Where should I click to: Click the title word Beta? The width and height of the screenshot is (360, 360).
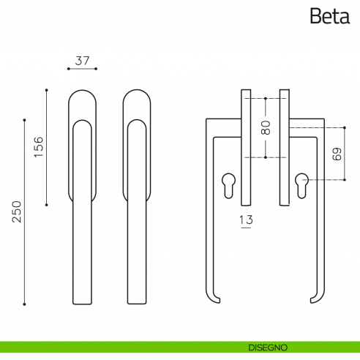point(330,16)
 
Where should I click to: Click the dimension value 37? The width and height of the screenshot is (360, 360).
point(82,61)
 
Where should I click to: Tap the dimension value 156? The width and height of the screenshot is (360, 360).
point(39,147)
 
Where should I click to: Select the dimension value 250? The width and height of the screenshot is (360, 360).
point(17,211)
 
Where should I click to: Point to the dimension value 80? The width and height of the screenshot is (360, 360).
point(266,127)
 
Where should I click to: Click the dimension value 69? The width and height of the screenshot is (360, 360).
point(337,154)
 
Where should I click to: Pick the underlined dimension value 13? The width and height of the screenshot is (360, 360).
point(246,220)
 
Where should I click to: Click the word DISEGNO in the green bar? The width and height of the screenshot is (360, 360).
point(268,348)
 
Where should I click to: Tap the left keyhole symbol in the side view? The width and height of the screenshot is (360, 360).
point(229,186)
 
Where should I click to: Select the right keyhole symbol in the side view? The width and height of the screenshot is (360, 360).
point(301,186)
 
